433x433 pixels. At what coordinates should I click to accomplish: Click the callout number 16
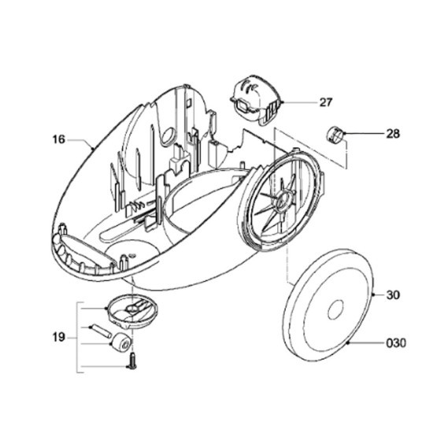[x=58, y=139]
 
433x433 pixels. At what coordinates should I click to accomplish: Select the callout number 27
[x=326, y=102]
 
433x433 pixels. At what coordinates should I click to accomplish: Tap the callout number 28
[x=393, y=134]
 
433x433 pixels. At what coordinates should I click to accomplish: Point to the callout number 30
[x=393, y=295]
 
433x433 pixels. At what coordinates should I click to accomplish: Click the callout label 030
[x=396, y=343]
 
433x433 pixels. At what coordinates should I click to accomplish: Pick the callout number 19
[x=58, y=337]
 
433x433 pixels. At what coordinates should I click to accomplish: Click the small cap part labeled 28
[x=335, y=135]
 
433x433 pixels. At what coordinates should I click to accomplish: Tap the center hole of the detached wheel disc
[x=335, y=309]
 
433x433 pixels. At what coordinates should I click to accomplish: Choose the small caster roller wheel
[x=122, y=342]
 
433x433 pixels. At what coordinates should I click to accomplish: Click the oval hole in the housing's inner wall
[x=168, y=135]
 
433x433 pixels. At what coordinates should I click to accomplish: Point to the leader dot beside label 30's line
[x=373, y=295]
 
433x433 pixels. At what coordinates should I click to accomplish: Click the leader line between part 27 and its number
[x=300, y=102]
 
